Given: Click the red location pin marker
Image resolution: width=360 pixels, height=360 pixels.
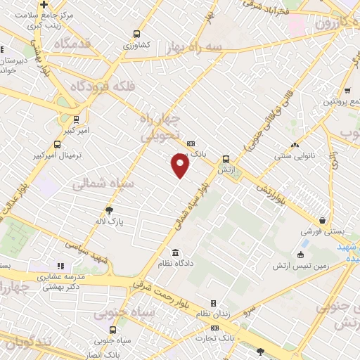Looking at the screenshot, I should (x=181, y=165).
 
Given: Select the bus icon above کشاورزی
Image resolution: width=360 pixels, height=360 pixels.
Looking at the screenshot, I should (x=136, y=33).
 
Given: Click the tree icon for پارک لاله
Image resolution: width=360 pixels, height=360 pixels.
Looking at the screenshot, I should (x=109, y=210).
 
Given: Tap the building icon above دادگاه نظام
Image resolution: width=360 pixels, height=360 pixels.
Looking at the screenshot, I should (x=175, y=252).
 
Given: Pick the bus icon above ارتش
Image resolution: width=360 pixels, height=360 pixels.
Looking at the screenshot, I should (x=226, y=159).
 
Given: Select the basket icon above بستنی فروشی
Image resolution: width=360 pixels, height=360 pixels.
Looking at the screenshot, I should (x=322, y=220).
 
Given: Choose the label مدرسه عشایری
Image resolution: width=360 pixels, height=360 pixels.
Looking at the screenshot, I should (x=59, y=276).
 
